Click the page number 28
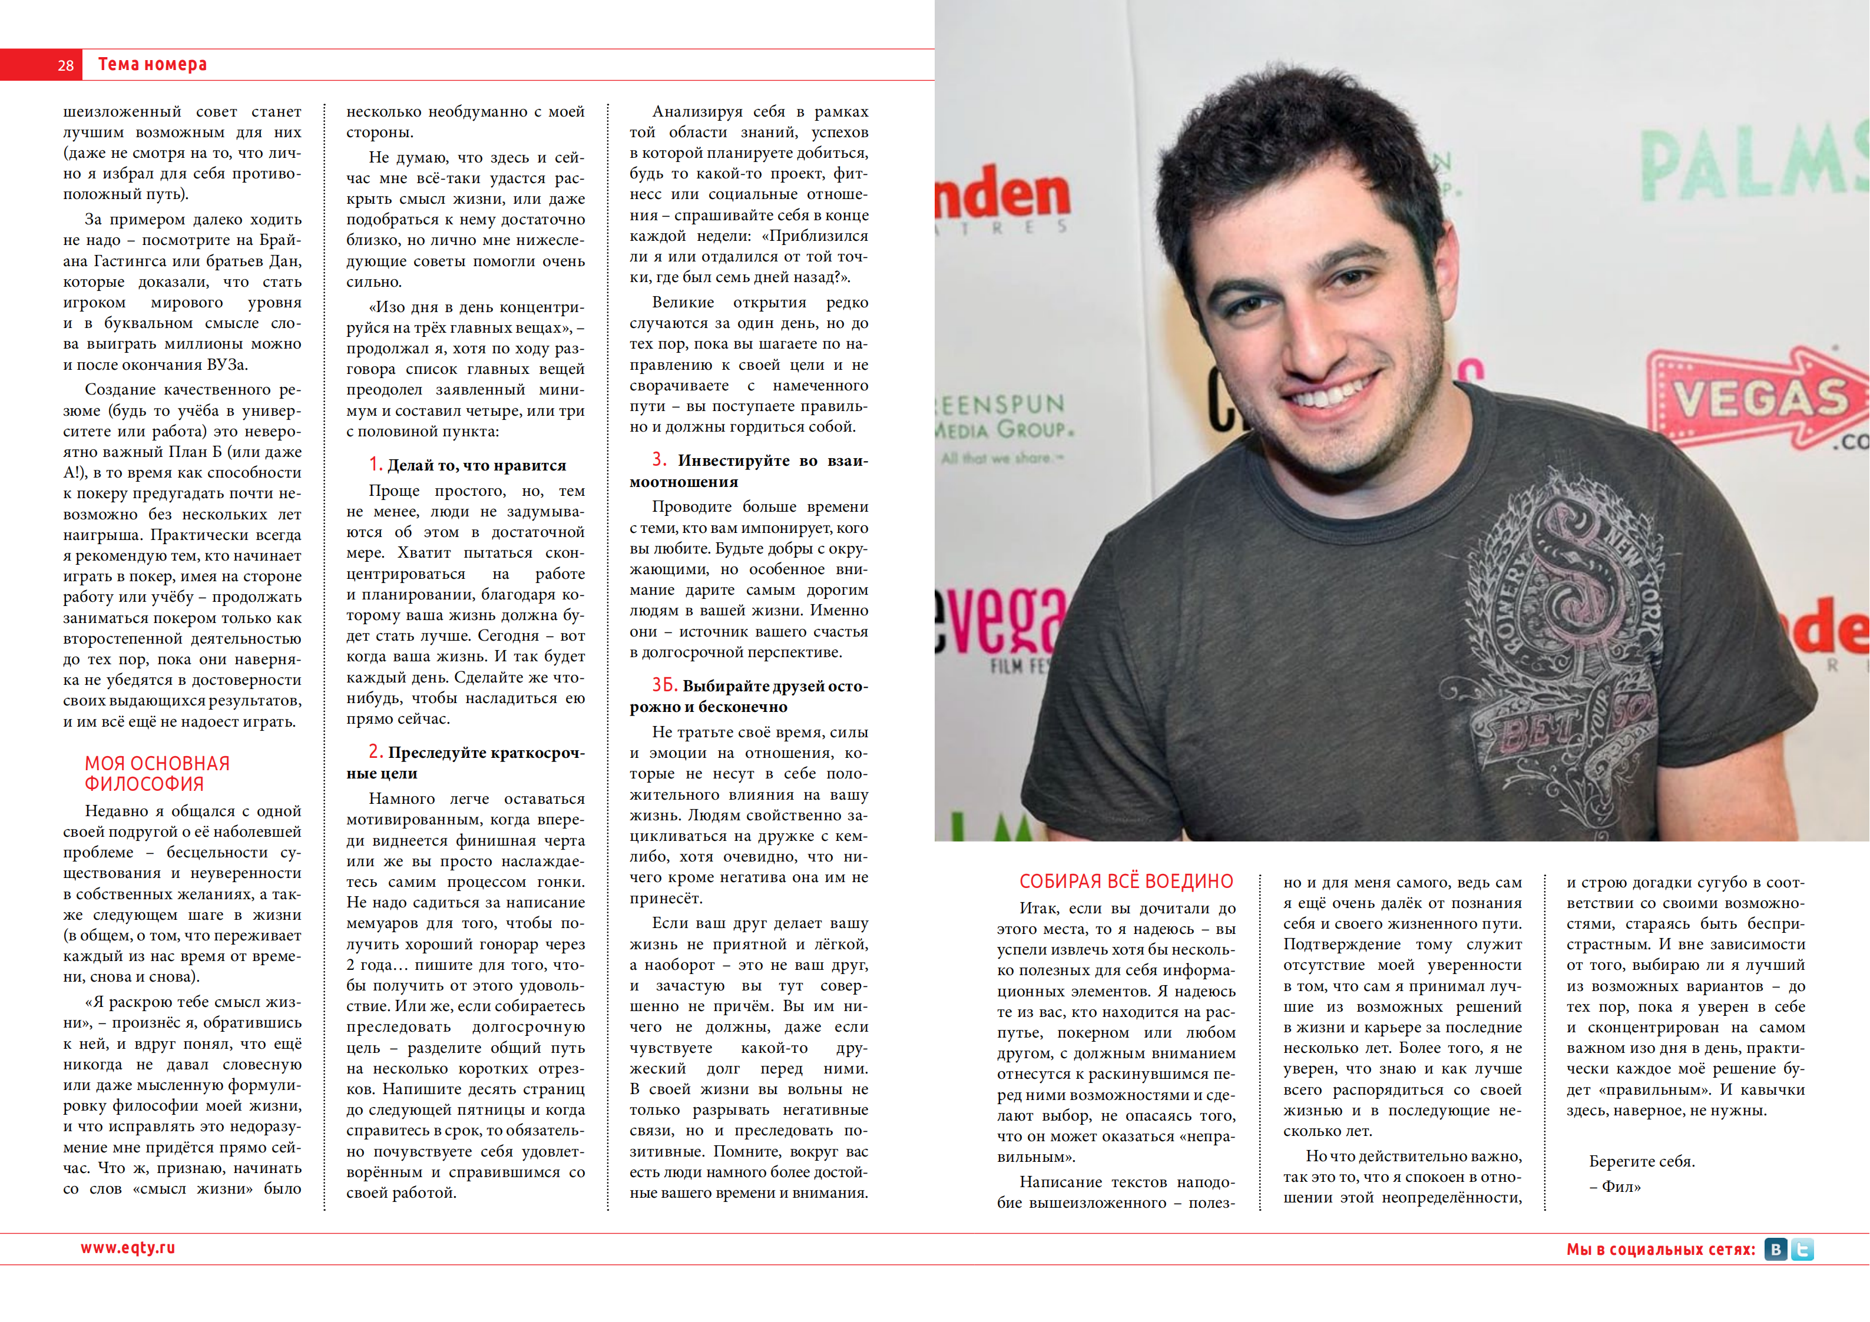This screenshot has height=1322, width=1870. [65, 65]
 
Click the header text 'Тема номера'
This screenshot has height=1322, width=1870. [153, 64]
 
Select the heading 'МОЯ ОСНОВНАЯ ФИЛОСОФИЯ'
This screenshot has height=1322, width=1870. [157, 773]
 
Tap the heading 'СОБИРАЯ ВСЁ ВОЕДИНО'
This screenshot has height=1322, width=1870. [1126, 882]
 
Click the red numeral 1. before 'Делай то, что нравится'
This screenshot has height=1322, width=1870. [375, 464]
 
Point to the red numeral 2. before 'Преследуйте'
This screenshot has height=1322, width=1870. [375, 751]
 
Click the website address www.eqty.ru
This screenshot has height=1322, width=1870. [128, 1248]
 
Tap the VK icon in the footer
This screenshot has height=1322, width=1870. [1776, 1250]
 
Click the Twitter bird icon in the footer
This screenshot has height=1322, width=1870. [1802, 1250]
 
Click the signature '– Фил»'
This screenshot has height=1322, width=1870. [1614, 1187]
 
